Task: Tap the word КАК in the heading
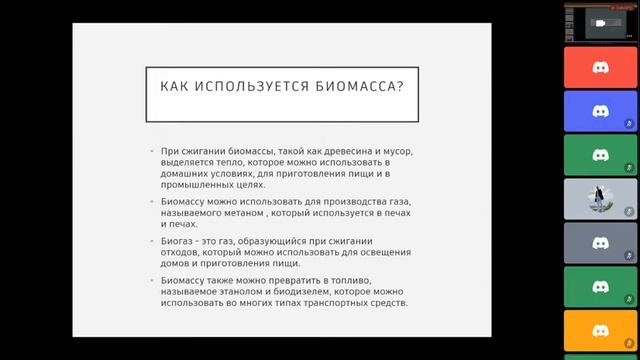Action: pos(176,86)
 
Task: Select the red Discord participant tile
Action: pos(600,67)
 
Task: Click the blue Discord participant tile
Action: pos(600,111)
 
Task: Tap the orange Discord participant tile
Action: pos(600,331)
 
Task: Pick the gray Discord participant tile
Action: pos(600,243)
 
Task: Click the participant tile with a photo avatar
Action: pos(600,199)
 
